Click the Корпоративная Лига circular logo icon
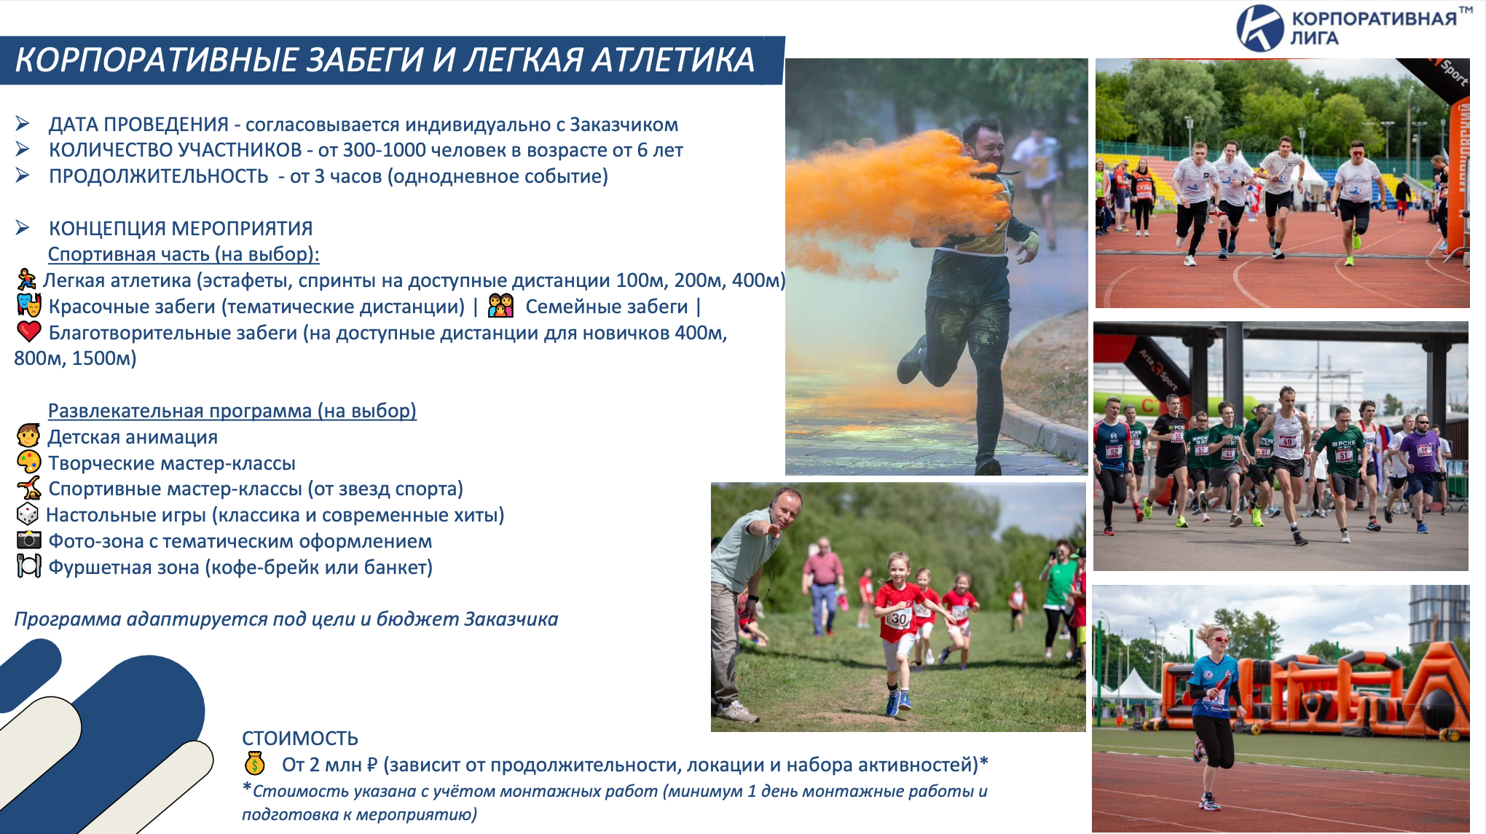(1259, 28)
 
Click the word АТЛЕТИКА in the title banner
(673, 60)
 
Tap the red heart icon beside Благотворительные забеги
(29, 331)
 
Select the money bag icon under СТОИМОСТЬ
(254, 763)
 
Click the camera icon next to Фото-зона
(28, 540)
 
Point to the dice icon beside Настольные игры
(28, 514)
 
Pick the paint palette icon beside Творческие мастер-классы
(29, 462)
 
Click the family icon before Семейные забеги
(500, 305)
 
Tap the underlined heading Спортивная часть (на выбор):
(184, 254)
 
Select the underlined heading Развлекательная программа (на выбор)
(232, 411)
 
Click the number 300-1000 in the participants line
(384, 150)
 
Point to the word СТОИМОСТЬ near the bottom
(300, 738)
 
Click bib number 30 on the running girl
(899, 619)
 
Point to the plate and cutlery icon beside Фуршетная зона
(28, 566)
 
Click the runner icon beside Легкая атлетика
(26, 279)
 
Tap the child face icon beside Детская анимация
(28, 436)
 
